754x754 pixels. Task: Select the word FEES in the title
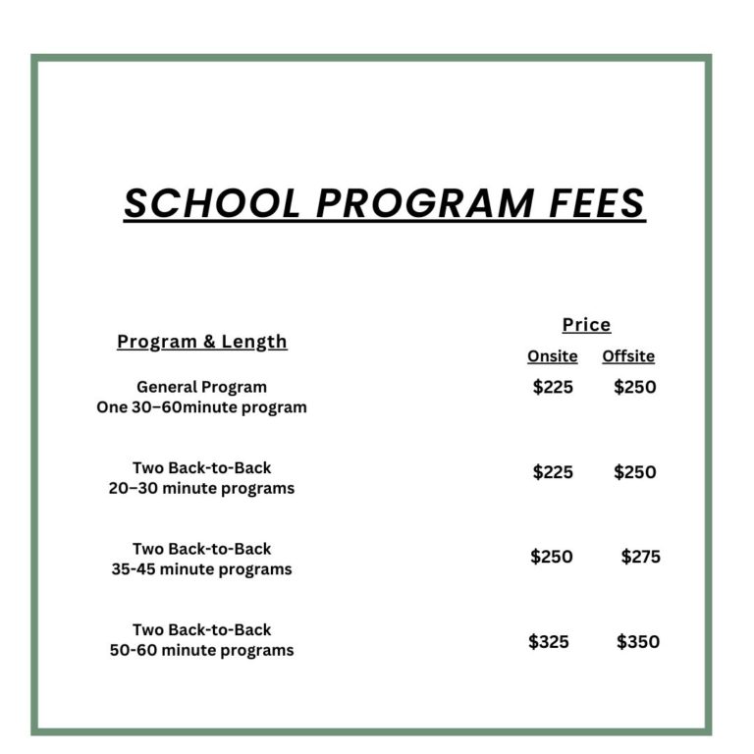[x=596, y=203]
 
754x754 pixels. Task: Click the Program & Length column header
[x=202, y=342]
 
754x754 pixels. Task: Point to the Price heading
[x=586, y=325]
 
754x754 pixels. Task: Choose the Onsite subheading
[x=552, y=356]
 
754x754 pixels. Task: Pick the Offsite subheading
[x=628, y=356]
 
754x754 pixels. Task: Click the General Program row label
[x=201, y=387]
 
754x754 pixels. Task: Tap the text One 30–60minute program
[x=201, y=407]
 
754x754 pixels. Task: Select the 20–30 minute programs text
[x=201, y=488]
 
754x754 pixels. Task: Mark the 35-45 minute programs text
[x=201, y=569]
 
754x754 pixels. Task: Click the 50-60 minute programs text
[x=201, y=650]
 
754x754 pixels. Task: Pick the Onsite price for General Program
[x=553, y=387]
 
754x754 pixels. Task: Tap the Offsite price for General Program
[x=634, y=387]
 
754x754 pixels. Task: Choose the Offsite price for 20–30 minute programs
[x=634, y=472]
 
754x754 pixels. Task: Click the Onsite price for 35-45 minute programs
[x=552, y=557]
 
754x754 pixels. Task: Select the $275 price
[x=640, y=557]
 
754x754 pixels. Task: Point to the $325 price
[x=549, y=642]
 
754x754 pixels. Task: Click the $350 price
[x=638, y=642]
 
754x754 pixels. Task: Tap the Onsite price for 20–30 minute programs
[x=553, y=472]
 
